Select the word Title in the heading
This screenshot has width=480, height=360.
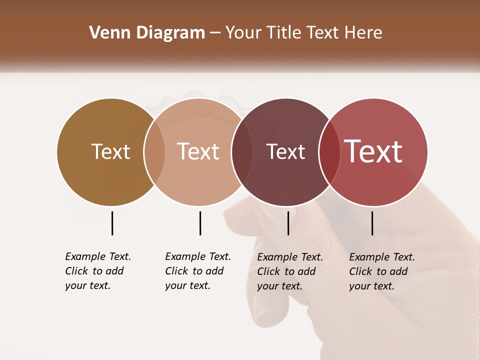click(x=283, y=33)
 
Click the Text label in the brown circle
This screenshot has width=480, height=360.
click(x=110, y=151)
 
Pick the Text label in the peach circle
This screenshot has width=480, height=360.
click(x=198, y=151)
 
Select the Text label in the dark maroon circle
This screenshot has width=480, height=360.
click(x=285, y=151)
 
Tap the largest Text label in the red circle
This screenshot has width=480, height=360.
click(x=373, y=151)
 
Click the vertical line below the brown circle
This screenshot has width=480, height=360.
click(x=112, y=223)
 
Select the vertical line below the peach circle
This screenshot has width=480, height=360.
click(x=200, y=223)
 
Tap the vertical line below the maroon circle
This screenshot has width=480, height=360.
click(x=288, y=223)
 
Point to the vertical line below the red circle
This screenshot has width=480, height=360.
click(x=372, y=223)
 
